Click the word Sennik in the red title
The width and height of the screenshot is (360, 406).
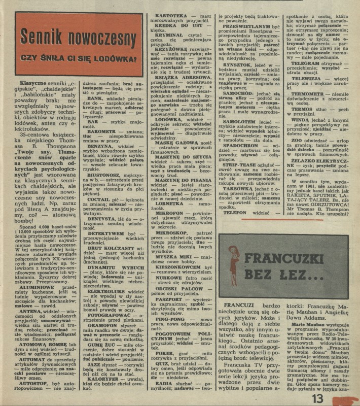pyautogui.click(x=43, y=38)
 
